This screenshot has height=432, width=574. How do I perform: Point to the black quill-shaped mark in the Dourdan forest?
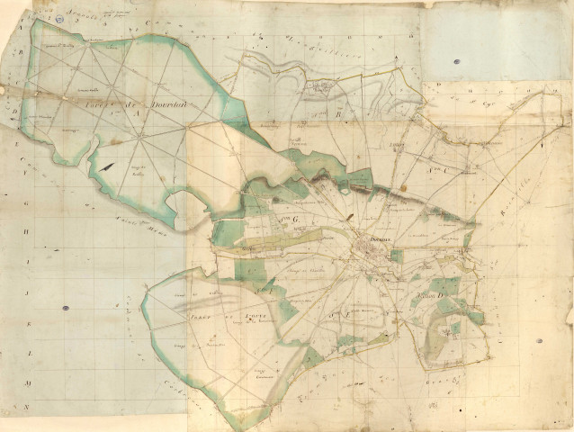tap(108, 166)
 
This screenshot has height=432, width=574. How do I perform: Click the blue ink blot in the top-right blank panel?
tap(455, 62)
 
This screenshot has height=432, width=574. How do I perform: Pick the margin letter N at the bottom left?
tap(27, 407)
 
